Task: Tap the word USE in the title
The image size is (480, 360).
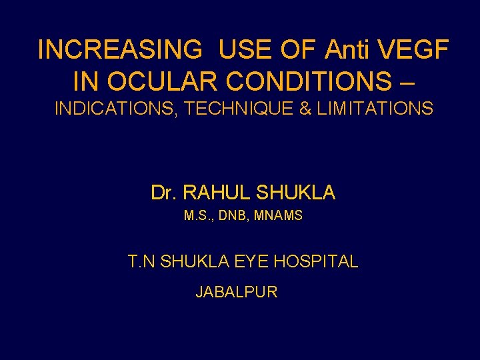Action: coord(241,49)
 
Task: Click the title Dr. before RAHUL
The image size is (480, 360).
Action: coord(163,193)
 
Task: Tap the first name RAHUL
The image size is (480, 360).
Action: coord(213,193)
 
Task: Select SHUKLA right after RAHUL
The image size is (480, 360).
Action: coord(295,193)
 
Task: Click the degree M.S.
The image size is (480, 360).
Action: coord(196,216)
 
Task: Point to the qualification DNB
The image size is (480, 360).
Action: coord(233,216)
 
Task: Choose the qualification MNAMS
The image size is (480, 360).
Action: coord(279,216)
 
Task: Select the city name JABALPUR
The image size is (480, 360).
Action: coord(237,292)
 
